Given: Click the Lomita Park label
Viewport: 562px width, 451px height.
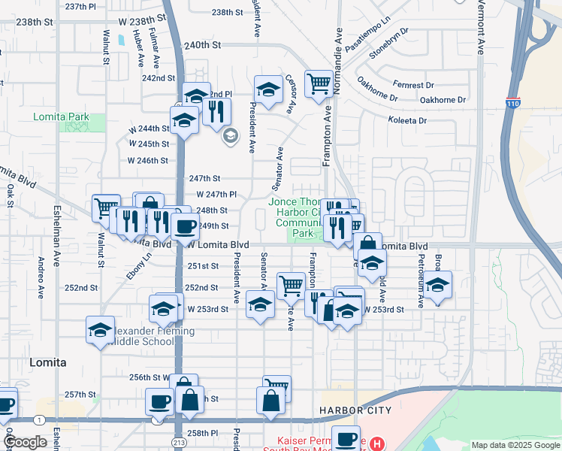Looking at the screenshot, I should [x=61, y=117].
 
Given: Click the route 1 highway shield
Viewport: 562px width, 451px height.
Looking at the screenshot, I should [x=38, y=419].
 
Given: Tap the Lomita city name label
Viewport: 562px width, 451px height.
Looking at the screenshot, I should [x=47, y=362].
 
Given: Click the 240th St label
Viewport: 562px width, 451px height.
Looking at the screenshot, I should [x=202, y=45].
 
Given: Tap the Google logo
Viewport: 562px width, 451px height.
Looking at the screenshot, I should [x=26, y=442].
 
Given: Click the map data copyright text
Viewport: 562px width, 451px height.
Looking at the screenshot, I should [x=515, y=445].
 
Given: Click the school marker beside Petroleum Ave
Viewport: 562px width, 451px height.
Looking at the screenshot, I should [x=438, y=284].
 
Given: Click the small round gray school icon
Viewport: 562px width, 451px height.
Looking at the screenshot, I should [x=230, y=135].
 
